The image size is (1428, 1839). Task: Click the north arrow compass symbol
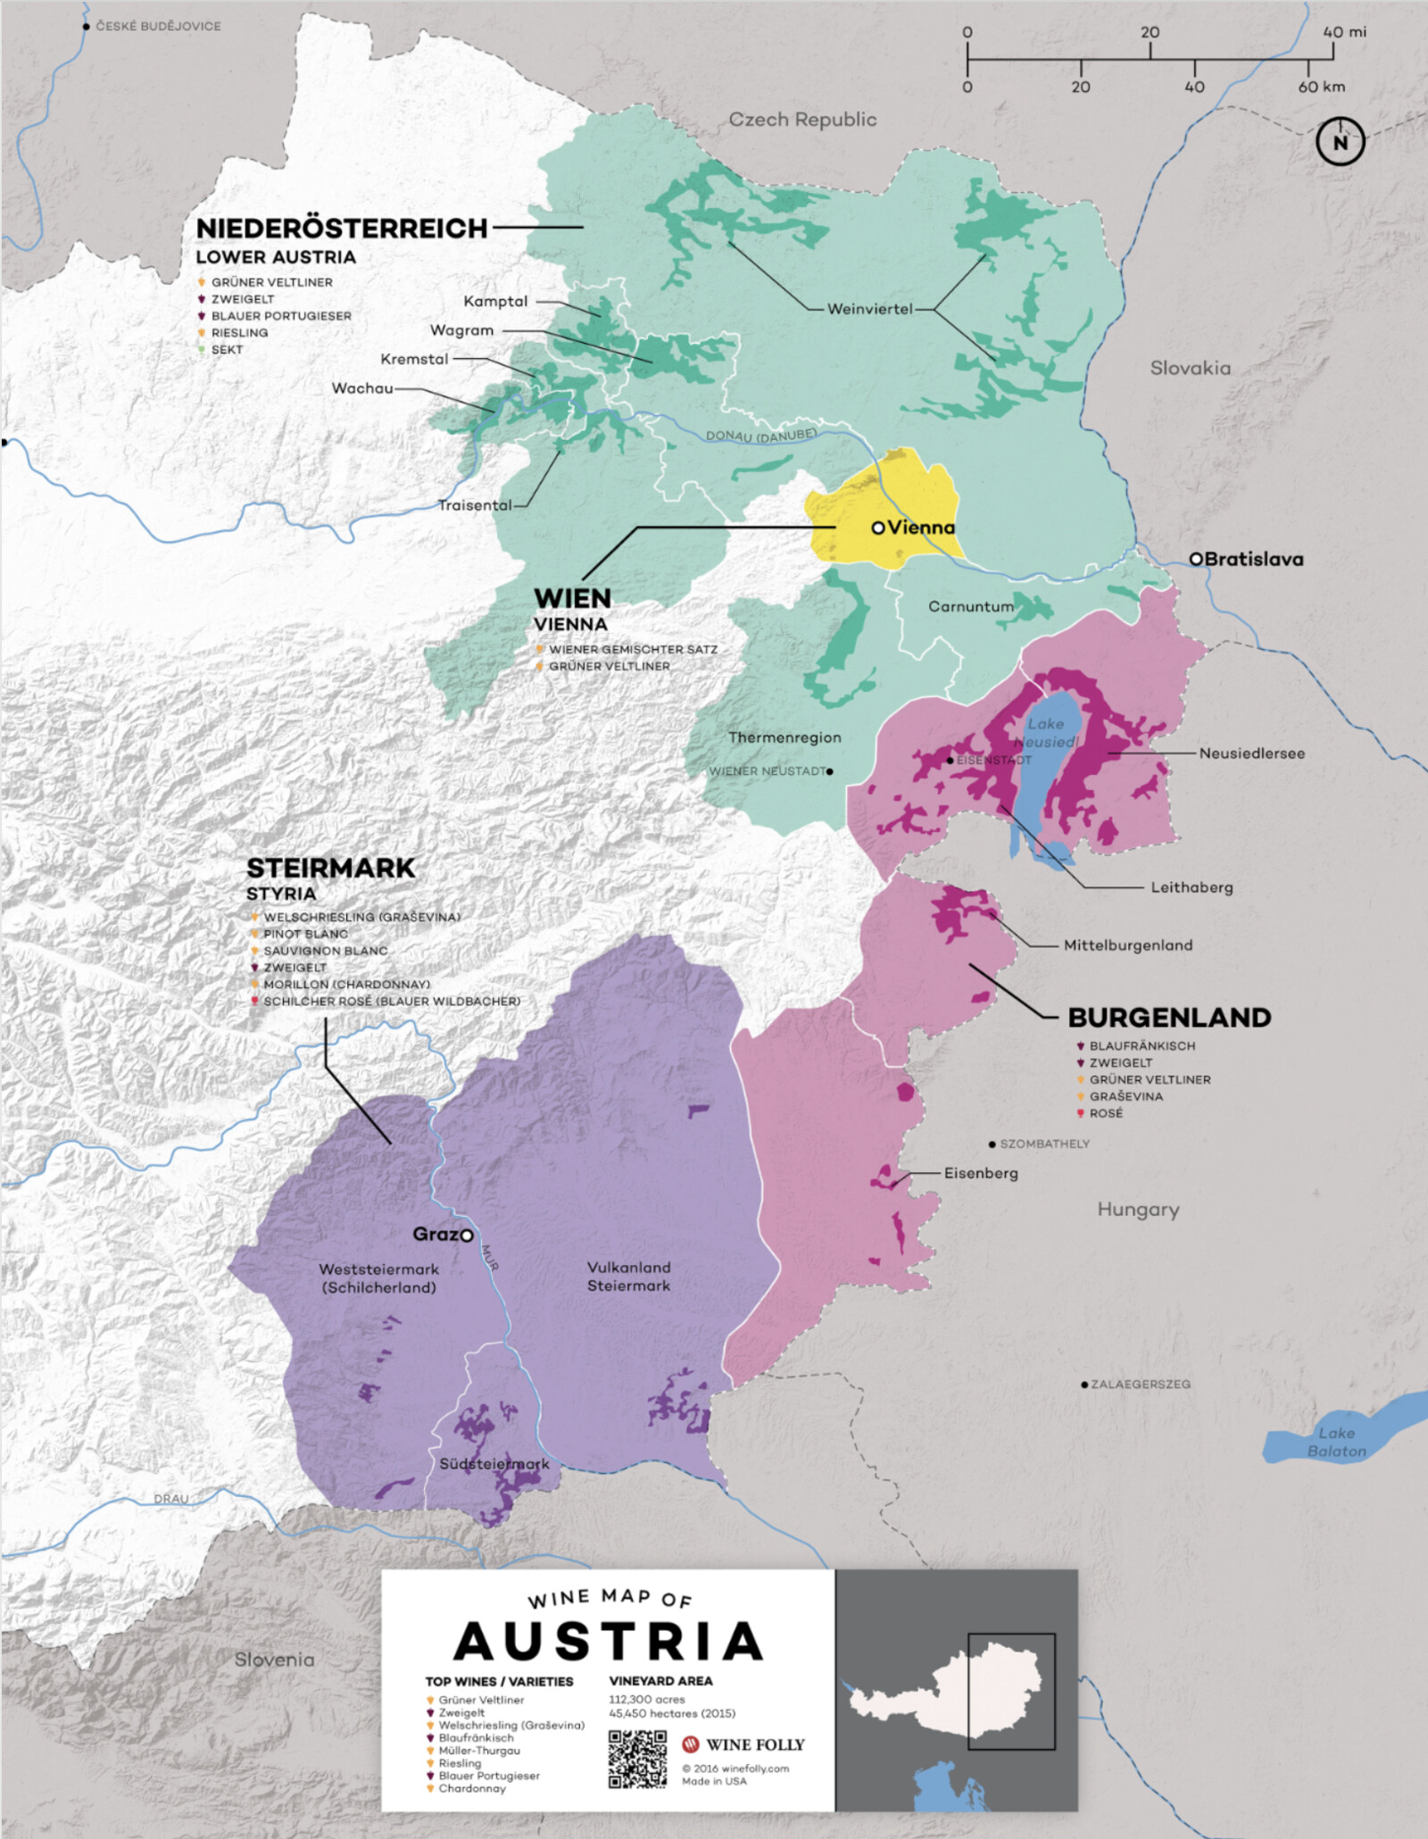pyautogui.click(x=1340, y=141)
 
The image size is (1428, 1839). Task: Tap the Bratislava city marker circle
pyautogui.click(x=1196, y=559)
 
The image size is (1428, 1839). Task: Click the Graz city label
pyautogui.click(x=435, y=1234)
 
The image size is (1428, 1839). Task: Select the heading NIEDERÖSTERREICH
pyautogui.click(x=342, y=229)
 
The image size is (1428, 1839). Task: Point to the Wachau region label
pyautogui.click(x=362, y=388)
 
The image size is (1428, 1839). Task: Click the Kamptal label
pyautogui.click(x=495, y=302)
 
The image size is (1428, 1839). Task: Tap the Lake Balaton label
pyautogui.click(x=1336, y=1442)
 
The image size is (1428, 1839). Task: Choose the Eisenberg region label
pyautogui.click(x=981, y=1173)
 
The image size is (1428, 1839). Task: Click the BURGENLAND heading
pyautogui.click(x=1169, y=1018)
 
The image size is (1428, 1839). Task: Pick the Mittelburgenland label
pyautogui.click(x=1127, y=945)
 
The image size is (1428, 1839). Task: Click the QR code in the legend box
pyautogui.click(x=637, y=1760)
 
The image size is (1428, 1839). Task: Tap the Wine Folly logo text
pyautogui.click(x=754, y=1744)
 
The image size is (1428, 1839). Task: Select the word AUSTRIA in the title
pyautogui.click(x=608, y=1642)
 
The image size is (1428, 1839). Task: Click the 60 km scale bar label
pyautogui.click(x=1321, y=87)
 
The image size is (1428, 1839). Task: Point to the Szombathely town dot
pyautogui.click(x=992, y=1144)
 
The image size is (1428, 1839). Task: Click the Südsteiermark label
pyautogui.click(x=494, y=1465)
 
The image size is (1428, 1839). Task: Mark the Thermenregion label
pyautogui.click(x=785, y=737)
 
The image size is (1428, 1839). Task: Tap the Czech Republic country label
pyautogui.click(x=802, y=120)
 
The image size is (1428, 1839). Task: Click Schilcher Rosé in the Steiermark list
pyautogui.click(x=391, y=1002)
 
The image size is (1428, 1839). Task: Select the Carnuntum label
pyautogui.click(x=971, y=606)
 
